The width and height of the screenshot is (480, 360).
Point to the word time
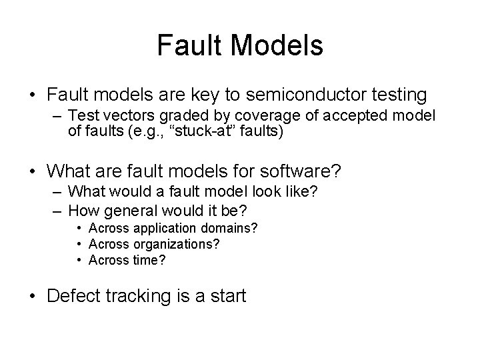point(146,260)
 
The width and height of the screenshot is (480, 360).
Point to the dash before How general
point(57,212)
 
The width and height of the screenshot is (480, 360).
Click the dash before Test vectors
point(57,117)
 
